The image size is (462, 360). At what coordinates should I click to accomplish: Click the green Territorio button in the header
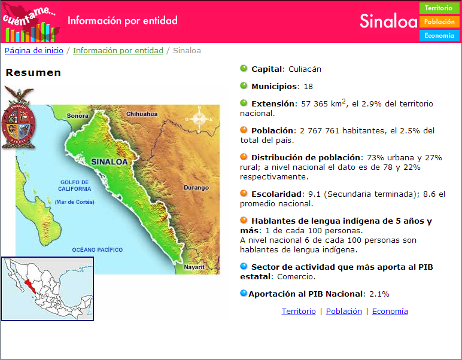pos(439,8)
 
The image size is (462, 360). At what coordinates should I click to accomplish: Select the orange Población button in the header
pos(439,22)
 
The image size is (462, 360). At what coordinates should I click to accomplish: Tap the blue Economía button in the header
pos(439,36)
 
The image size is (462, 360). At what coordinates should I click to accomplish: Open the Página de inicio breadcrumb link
pos(34,51)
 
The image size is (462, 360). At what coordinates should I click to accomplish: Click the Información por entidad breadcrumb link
pos(118,51)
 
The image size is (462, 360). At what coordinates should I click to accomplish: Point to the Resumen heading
pos(34,72)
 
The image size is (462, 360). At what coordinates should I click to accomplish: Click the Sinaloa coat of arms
pos(19,118)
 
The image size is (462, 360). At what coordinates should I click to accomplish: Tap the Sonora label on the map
pos(77,115)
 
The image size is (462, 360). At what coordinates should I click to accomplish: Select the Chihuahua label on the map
pos(142,114)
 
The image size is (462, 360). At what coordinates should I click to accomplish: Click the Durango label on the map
pos(196,188)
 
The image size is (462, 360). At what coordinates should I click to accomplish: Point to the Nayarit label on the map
pos(194,267)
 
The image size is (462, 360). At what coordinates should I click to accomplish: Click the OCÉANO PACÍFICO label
pos(98,250)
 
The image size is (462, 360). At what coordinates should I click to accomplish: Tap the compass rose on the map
pos(199,119)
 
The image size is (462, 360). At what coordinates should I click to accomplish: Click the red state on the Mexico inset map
pos(30,286)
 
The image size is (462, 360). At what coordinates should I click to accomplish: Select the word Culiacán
pos(305,69)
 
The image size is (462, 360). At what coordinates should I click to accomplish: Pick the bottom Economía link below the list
pos(390,312)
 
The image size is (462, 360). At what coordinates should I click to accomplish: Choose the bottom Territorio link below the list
pos(299,312)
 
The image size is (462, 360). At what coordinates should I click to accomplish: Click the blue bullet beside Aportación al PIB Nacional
pos(244,293)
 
